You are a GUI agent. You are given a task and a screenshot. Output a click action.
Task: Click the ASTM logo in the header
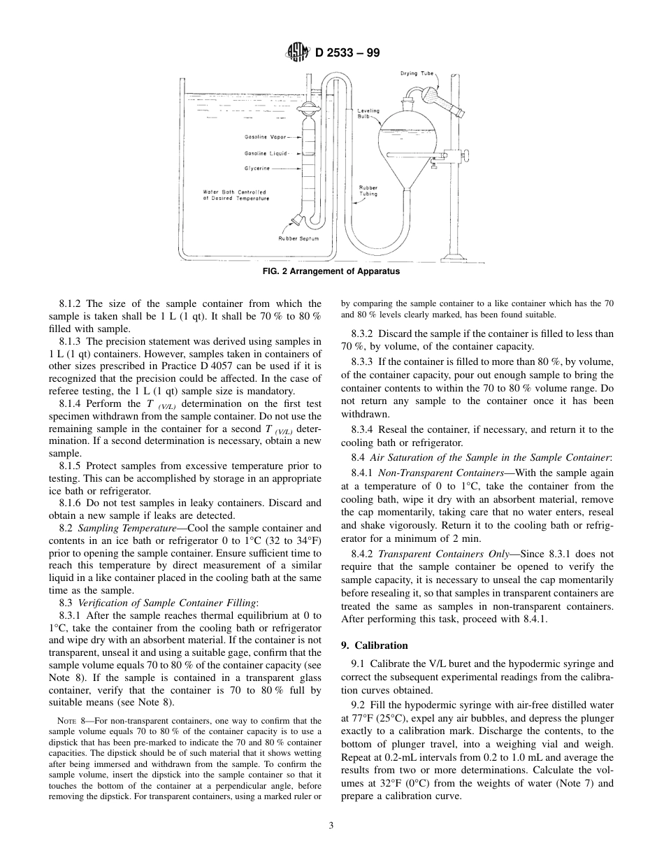point(293,52)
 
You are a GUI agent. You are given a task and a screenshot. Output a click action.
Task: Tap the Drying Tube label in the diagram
point(417,73)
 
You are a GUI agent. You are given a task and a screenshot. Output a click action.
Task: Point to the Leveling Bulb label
point(368,113)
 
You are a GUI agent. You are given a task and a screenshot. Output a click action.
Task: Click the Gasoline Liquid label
point(266,153)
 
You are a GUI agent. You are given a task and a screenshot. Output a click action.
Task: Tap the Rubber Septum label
point(298,238)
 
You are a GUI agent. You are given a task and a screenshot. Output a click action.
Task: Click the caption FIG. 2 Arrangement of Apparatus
point(331,272)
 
